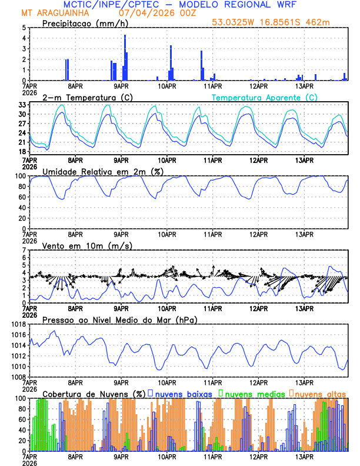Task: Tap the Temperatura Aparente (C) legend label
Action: click(x=265, y=97)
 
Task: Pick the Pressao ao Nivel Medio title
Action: click(x=119, y=319)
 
